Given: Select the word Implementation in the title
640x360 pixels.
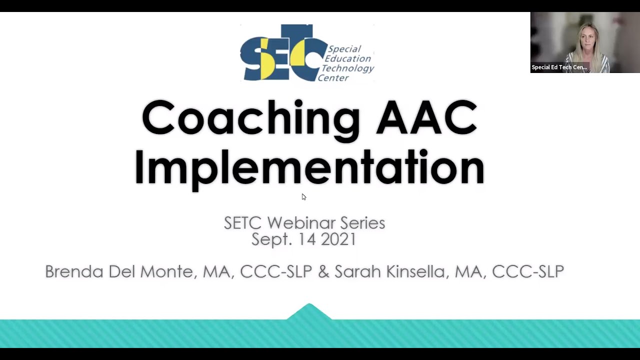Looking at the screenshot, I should tap(309, 167).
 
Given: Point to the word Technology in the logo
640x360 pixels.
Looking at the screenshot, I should tap(347, 68).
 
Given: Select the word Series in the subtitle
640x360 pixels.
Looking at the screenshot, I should tap(362, 223).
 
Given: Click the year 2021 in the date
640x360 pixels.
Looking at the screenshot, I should tap(338, 239).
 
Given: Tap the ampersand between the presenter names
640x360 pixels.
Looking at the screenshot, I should tap(323, 271).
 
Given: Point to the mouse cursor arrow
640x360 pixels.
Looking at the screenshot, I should tap(303, 197).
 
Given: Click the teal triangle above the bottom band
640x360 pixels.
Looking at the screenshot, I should tap(309, 312).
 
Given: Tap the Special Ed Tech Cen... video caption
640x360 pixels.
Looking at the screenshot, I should tap(559, 67).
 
